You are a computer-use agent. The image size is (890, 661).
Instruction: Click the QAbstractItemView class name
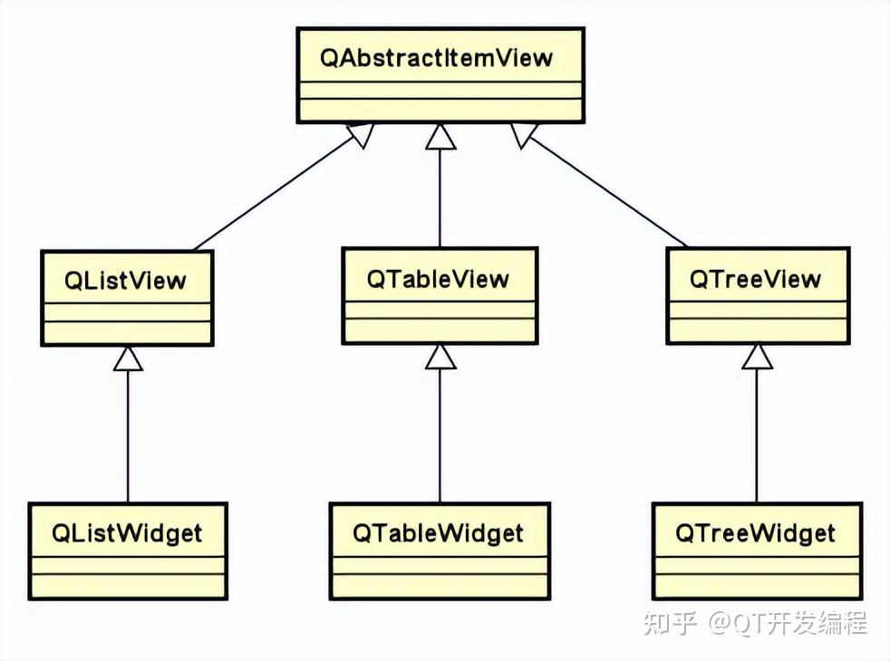(x=436, y=58)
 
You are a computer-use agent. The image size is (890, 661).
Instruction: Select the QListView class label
(x=125, y=280)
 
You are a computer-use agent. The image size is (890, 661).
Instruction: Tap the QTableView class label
(x=438, y=278)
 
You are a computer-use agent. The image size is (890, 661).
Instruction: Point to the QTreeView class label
(x=756, y=278)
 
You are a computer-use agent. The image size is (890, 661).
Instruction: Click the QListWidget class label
(x=127, y=533)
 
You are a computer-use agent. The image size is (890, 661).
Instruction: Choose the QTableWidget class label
(x=438, y=533)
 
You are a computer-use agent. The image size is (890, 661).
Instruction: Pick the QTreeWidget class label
(x=756, y=533)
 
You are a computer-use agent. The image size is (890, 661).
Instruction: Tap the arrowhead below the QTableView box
(x=440, y=356)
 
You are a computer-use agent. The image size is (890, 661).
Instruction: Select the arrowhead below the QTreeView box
(x=757, y=356)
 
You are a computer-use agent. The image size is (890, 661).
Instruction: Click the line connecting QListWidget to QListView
(x=128, y=436)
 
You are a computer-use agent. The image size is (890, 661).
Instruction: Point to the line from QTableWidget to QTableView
(x=440, y=436)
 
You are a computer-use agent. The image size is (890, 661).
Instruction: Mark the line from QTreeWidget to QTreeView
(x=757, y=436)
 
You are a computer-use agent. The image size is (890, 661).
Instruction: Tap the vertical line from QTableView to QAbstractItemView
(x=440, y=198)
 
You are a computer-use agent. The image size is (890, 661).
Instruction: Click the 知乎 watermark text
(x=669, y=624)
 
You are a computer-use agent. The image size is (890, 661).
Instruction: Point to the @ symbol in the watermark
(x=720, y=624)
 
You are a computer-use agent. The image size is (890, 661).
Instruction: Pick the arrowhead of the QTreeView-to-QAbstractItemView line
(x=523, y=135)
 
